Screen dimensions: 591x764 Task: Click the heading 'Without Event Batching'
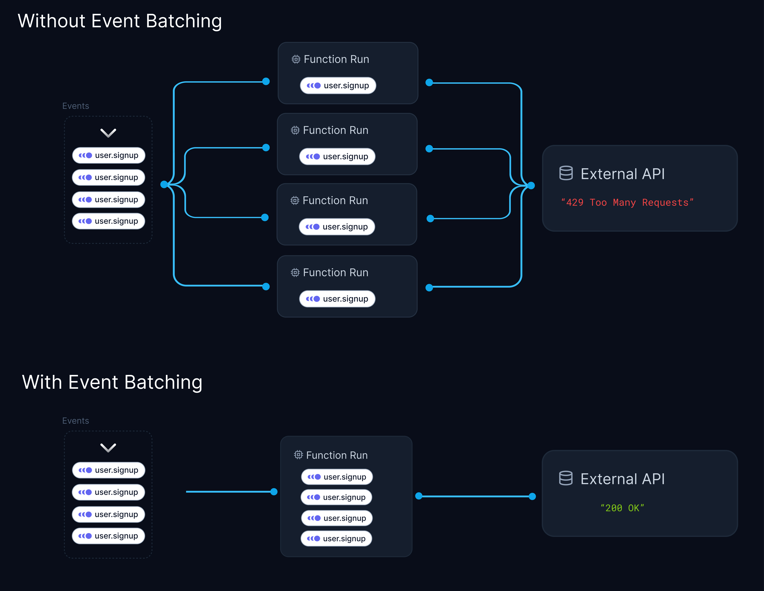[120, 21]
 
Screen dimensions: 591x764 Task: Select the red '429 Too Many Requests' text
[627, 202]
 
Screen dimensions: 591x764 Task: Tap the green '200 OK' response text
[622, 508]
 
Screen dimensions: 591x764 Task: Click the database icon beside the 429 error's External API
[566, 173]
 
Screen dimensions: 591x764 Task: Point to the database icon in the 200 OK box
[566, 478]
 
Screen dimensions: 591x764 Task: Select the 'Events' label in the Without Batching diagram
[76, 106]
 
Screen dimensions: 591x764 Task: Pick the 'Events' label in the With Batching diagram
[76, 421]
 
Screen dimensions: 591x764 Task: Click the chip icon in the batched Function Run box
[298, 455]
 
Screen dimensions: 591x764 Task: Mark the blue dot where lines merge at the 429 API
[531, 186]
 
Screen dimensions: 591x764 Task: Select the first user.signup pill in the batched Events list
[108, 470]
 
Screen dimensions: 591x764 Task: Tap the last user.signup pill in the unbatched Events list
[108, 221]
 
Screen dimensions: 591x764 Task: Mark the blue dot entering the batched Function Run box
[274, 492]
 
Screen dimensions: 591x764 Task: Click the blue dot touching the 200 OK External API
[532, 496]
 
